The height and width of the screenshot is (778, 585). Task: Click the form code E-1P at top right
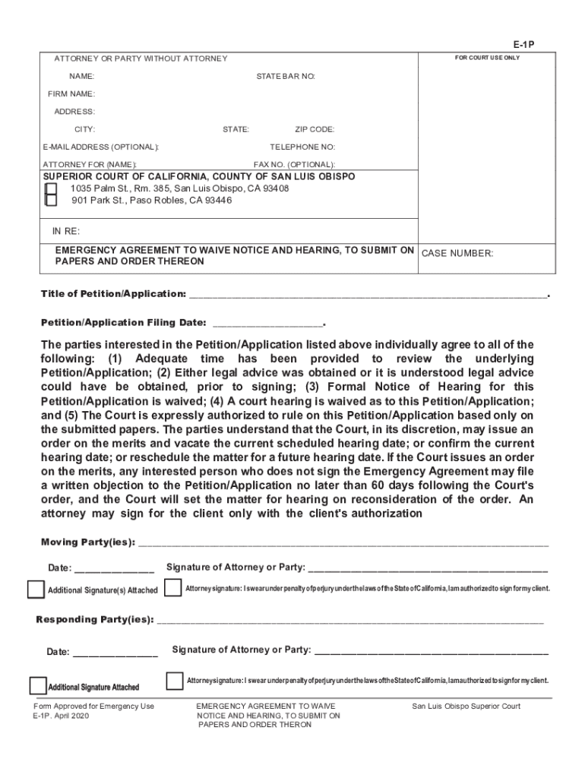pyautogui.click(x=524, y=44)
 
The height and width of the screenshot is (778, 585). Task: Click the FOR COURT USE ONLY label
pyautogui.click(x=487, y=58)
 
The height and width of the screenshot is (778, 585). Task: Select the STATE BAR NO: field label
pyautogui.click(x=286, y=77)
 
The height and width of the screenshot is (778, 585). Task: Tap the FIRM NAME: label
pyautogui.click(x=71, y=94)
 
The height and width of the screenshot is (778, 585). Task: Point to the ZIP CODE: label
pyautogui.click(x=315, y=129)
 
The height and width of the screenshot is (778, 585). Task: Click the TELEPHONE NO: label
pyautogui.click(x=302, y=147)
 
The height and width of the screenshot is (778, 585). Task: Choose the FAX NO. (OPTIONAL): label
pyautogui.click(x=294, y=164)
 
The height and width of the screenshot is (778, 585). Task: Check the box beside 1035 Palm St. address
pyautogui.click(x=51, y=188)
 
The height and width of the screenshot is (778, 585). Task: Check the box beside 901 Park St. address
pyautogui.click(x=51, y=201)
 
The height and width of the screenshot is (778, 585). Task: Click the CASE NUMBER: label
pyautogui.click(x=457, y=255)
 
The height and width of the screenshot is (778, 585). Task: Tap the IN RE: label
pyautogui.click(x=65, y=231)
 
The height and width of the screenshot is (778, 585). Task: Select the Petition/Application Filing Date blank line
pyautogui.click(x=268, y=323)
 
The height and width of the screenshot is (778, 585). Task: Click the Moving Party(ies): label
pyautogui.click(x=87, y=542)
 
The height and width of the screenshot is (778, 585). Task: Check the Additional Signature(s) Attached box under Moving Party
pyautogui.click(x=36, y=590)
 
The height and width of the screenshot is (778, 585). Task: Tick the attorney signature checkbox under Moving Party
pyautogui.click(x=173, y=587)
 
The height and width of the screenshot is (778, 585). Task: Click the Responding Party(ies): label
pyautogui.click(x=95, y=620)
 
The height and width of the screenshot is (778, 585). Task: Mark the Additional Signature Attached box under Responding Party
pyautogui.click(x=37, y=686)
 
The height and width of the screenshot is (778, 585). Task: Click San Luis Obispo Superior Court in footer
pyautogui.click(x=466, y=707)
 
